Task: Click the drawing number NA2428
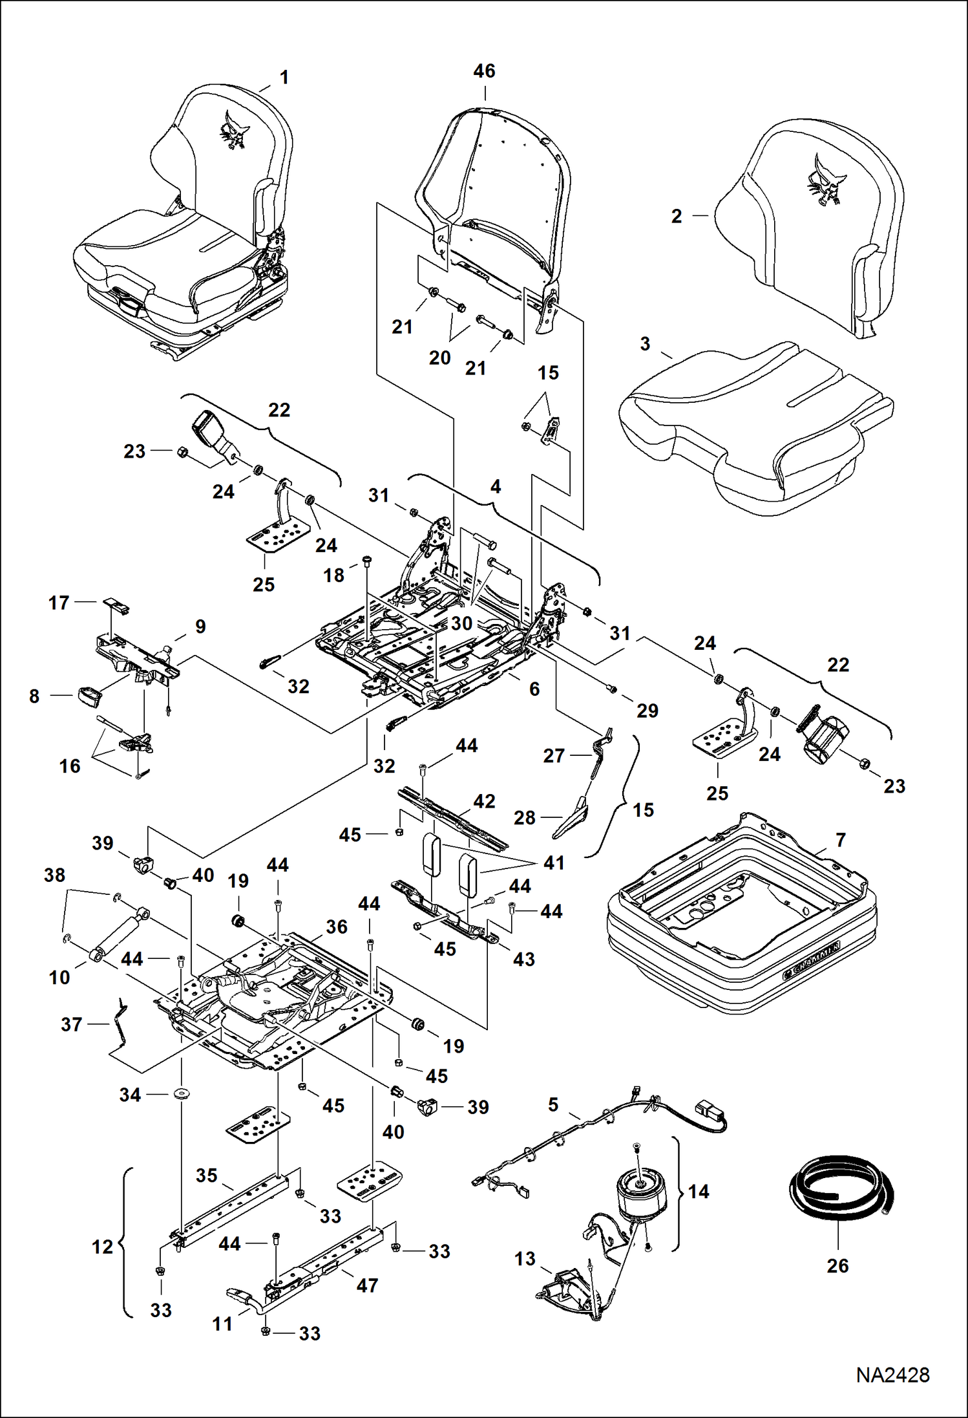(892, 1375)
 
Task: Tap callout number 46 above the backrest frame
(484, 71)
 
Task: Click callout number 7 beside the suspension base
(840, 840)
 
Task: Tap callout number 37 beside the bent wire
(71, 1024)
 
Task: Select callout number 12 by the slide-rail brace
(102, 1247)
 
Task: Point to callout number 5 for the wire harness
(553, 1105)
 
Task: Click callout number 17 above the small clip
(59, 603)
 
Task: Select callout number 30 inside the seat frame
(462, 623)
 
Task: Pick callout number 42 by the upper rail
(484, 801)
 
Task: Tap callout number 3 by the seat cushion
(645, 344)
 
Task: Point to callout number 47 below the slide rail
(367, 1285)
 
